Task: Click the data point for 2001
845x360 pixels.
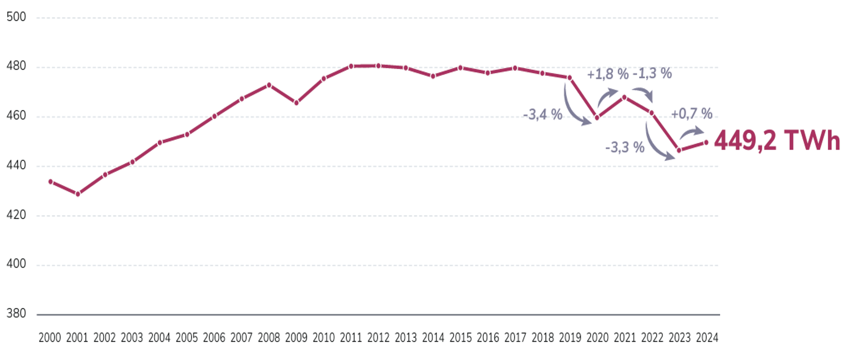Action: coord(78,194)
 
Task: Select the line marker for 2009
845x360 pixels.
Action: coord(296,103)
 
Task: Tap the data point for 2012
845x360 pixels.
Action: coord(378,66)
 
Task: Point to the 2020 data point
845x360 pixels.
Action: coord(597,118)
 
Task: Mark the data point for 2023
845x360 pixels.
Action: coord(679,151)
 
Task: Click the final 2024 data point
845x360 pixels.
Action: coord(706,142)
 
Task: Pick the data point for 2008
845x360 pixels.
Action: coord(269,85)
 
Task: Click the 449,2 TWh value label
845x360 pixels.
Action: coord(777,140)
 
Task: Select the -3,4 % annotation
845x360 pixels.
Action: coord(542,114)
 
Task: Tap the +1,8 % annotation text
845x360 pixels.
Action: coord(608,74)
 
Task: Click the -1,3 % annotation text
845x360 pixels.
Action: coord(652,74)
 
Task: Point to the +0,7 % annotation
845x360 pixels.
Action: coord(691,113)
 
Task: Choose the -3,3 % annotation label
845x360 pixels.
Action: coord(625,148)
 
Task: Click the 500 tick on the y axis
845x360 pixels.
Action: coord(17,17)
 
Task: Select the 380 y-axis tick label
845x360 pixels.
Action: coord(17,314)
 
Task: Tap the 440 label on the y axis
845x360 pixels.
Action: coord(17,166)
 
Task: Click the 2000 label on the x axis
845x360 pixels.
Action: coord(50,338)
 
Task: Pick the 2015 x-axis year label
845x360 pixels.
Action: coord(460,338)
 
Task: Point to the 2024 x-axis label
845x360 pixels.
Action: coord(707,338)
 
